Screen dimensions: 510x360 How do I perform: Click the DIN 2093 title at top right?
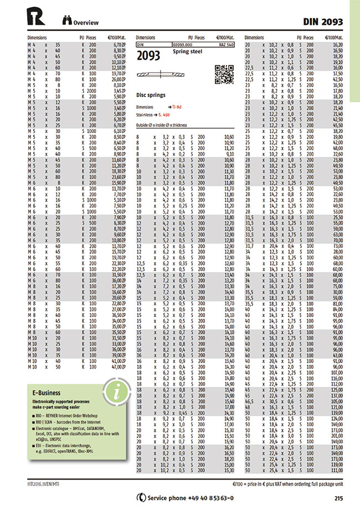point(323,22)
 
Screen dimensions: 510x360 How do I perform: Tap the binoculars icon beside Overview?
point(66,22)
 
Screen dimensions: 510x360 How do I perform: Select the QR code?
point(223,74)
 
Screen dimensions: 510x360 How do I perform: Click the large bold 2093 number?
point(148,55)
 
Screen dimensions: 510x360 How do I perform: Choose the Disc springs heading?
point(151,95)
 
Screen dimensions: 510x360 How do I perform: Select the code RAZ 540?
point(227,43)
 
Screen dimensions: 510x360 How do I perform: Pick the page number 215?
point(339,497)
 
